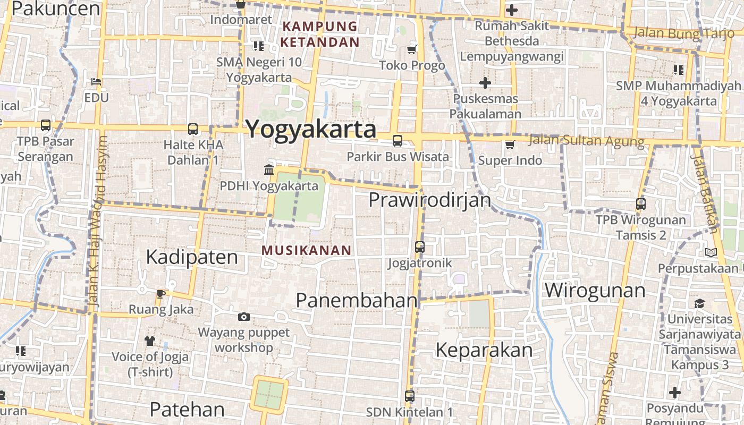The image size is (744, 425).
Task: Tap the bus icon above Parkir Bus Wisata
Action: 397,141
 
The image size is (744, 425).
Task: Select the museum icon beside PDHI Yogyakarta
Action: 269,170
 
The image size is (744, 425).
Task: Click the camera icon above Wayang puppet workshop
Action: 244,317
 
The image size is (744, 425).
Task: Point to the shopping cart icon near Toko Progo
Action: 411,50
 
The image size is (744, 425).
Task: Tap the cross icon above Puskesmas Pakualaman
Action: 485,83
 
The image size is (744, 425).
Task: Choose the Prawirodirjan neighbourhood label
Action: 429,200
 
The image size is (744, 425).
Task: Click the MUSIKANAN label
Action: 307,250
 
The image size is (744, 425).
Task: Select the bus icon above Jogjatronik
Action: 420,247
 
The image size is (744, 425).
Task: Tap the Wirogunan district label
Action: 595,291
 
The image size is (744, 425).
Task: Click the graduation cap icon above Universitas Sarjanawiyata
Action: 699,303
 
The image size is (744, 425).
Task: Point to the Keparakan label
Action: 484,350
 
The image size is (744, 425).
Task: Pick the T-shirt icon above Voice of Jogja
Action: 149,341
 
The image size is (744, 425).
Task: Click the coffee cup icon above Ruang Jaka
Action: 161,294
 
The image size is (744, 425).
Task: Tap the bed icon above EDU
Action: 96,82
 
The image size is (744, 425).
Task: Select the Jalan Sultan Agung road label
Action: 587,141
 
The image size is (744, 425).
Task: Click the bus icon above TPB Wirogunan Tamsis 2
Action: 641,203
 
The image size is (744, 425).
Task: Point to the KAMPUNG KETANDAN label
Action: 320,34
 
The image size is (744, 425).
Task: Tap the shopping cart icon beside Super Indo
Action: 510,144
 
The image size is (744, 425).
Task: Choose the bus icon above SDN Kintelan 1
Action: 409,396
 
